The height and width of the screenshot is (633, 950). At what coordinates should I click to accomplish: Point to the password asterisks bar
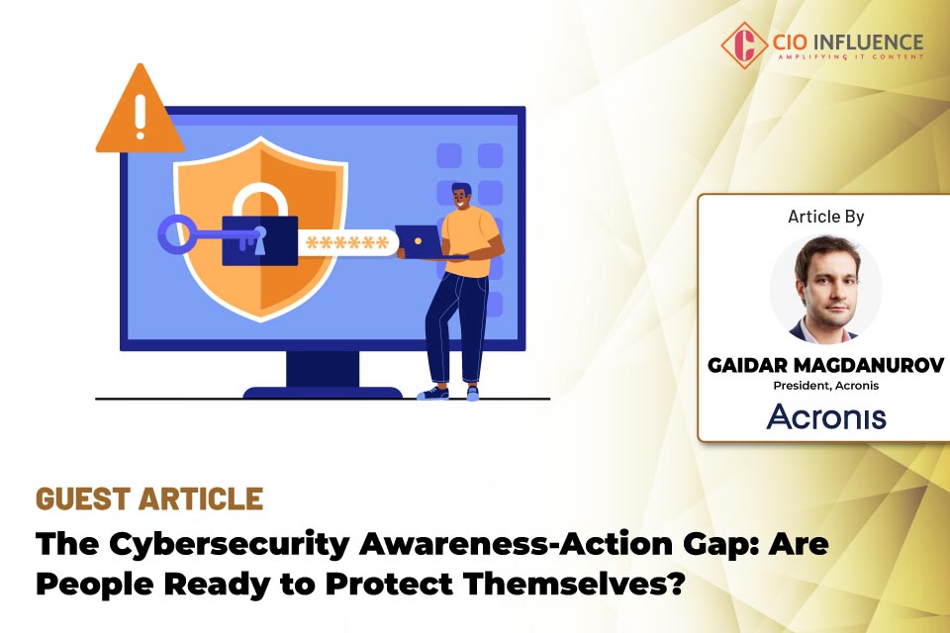point(346,242)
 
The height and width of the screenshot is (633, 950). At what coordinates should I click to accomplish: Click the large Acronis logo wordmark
point(826,416)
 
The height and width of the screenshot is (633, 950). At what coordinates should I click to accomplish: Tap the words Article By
point(826,216)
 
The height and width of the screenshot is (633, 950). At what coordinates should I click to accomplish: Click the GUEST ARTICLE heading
point(149,498)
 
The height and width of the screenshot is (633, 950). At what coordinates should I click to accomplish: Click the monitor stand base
point(323,392)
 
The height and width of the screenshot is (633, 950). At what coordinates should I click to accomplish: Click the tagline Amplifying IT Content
point(850,57)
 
